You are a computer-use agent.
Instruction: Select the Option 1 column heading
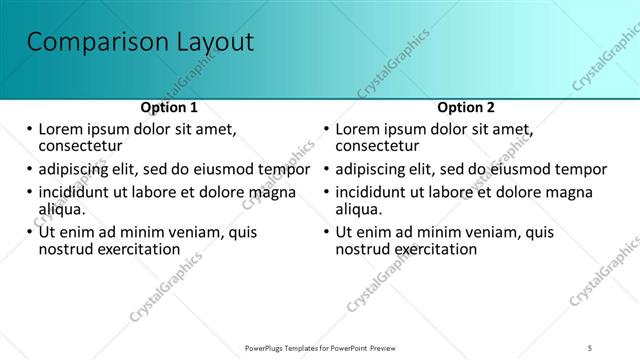coord(169,108)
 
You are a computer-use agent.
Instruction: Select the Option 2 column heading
coord(466,108)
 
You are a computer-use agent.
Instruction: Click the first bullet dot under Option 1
coord(30,130)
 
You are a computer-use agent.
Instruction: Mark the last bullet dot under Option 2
coord(326,233)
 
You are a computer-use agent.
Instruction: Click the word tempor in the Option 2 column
coord(581,169)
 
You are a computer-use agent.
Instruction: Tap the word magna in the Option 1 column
coord(272,192)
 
